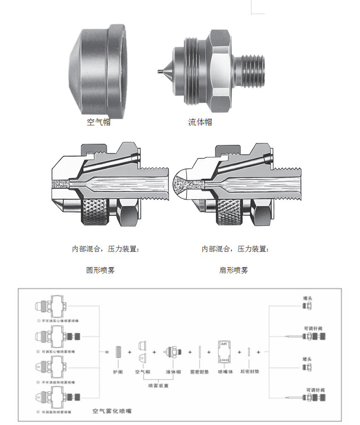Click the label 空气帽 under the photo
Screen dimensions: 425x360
pos(99,122)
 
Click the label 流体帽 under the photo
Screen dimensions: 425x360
pos(200,122)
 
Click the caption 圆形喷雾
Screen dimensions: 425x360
pos(100,270)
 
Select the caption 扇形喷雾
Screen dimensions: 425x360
pos(234,270)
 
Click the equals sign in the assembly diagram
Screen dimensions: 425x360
pos(106,352)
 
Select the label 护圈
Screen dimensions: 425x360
pos(118,372)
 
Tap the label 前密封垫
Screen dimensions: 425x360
pos(199,372)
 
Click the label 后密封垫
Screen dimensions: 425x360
pos(250,372)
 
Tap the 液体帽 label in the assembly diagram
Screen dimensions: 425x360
pos(173,372)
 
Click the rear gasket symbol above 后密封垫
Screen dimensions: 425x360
pos(249,352)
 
